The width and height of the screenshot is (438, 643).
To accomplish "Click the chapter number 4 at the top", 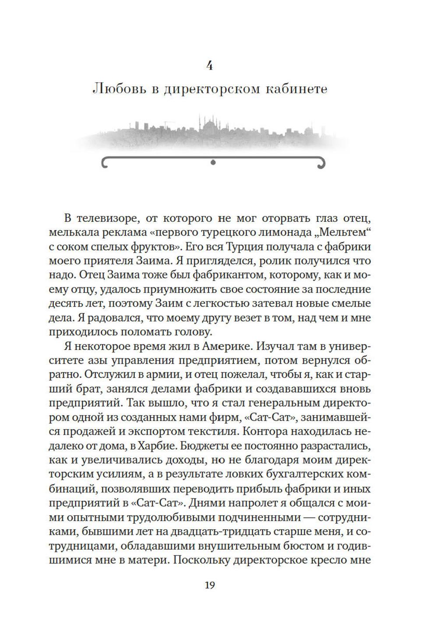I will [210, 66].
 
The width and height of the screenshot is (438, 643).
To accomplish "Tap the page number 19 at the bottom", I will [210, 585].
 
